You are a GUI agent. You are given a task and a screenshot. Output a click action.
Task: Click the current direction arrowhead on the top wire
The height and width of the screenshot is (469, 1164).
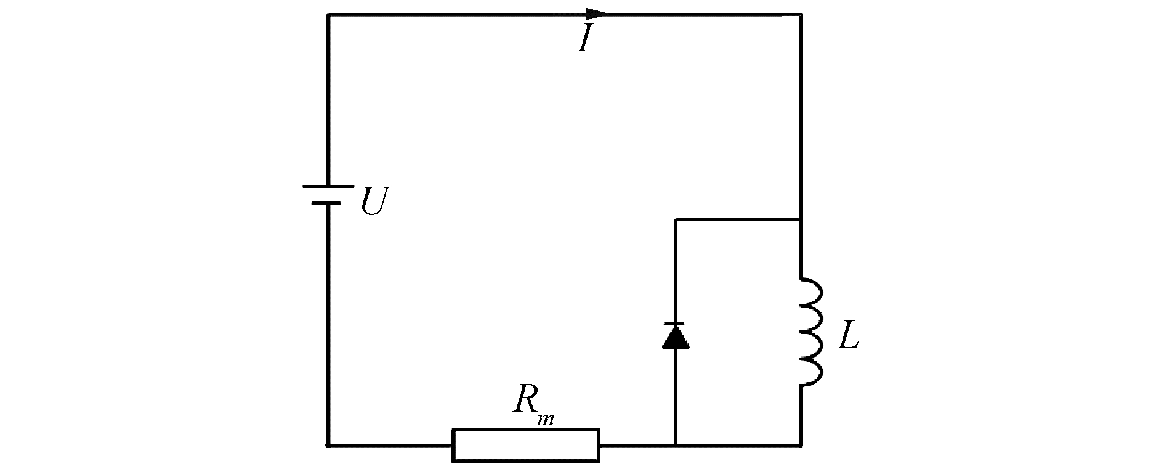point(596,14)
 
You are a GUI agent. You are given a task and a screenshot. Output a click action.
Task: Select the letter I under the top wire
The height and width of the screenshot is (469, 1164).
point(585,39)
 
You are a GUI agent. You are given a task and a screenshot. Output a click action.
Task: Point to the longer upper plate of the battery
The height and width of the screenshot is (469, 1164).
point(328,186)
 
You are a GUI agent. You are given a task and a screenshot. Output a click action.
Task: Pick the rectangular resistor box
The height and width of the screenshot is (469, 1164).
point(526,445)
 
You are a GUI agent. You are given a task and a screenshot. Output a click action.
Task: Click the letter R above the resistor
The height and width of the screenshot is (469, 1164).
point(525,401)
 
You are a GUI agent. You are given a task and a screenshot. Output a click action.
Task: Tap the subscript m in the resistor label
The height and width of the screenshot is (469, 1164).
point(545,420)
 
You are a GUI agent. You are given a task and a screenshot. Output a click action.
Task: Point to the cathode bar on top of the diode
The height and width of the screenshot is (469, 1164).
point(676,324)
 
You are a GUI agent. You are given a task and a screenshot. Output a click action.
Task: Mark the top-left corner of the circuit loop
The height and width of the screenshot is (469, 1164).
point(328,14)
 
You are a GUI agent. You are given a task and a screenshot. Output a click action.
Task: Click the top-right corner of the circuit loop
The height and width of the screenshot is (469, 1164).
point(801,14)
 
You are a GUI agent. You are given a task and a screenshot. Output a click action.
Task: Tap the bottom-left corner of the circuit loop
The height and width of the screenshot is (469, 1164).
point(328,444)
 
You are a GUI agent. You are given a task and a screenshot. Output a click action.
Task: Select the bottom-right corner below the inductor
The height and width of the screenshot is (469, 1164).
point(801,444)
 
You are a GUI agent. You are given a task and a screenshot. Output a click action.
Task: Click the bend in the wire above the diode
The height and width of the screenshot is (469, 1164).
point(676,219)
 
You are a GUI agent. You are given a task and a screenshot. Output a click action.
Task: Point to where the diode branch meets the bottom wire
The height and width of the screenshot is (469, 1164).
point(676,444)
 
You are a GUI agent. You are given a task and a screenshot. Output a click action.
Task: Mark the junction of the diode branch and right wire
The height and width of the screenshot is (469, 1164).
point(801,219)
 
